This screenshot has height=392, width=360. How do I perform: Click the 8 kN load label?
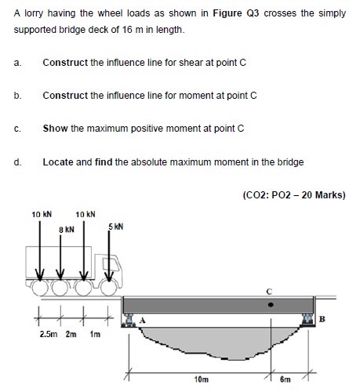(x=67, y=230)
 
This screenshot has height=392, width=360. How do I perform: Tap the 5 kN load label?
(x=116, y=227)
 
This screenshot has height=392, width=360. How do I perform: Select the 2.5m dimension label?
(x=49, y=334)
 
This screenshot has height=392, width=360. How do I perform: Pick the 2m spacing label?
(x=71, y=334)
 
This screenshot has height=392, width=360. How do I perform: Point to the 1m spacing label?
(x=95, y=334)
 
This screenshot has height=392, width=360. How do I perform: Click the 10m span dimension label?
(x=202, y=379)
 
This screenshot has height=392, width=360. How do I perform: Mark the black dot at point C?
(x=271, y=304)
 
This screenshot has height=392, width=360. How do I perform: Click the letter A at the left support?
(x=142, y=320)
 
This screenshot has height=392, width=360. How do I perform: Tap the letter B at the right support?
(x=322, y=319)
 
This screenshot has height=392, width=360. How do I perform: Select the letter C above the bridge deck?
(x=269, y=292)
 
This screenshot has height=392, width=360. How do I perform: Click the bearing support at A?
(x=129, y=321)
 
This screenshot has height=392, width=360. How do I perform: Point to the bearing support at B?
(x=307, y=320)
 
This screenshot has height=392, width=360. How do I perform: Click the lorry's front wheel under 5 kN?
(x=108, y=288)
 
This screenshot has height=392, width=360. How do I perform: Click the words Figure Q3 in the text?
(x=236, y=13)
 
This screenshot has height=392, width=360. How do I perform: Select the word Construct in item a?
(x=65, y=63)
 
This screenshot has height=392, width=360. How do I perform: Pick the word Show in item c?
(x=56, y=129)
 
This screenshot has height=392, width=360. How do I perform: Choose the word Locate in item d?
(x=58, y=162)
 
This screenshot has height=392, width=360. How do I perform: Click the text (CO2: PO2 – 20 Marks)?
(x=294, y=195)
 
